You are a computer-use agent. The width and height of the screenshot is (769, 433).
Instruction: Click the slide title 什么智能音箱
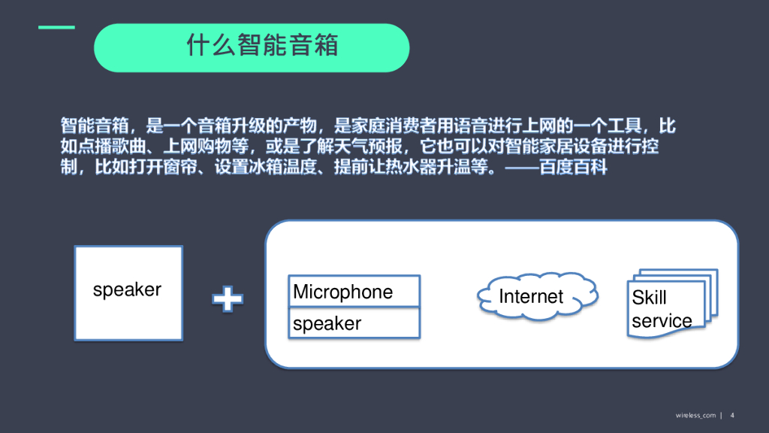262,46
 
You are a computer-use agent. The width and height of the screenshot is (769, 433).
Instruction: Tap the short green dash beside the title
57,28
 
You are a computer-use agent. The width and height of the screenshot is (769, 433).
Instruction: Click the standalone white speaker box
128,292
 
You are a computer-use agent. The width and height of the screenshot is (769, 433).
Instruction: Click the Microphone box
354,292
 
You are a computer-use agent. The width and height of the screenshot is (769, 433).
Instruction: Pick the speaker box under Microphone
354,323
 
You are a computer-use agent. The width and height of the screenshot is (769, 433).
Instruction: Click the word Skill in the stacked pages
649,298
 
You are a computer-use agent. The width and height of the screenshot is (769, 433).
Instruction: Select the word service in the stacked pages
662,321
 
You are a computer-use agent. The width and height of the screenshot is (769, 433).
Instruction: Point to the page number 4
732,415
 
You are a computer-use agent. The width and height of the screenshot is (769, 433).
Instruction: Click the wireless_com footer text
695,415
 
